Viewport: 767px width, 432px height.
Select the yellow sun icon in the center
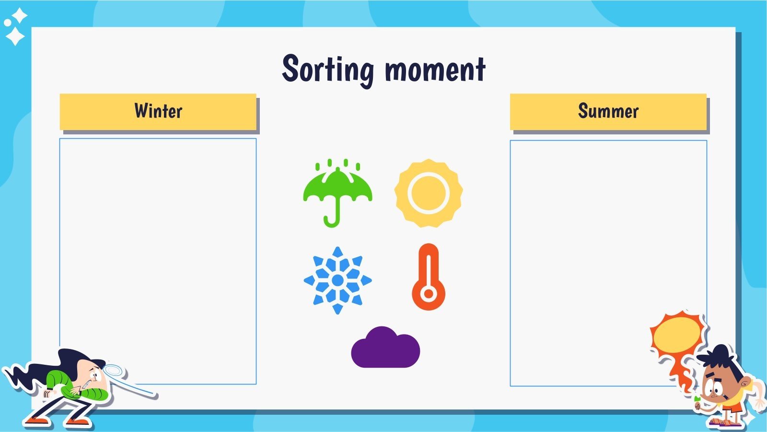pyautogui.click(x=428, y=193)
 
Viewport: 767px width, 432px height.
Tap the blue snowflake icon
pyautogui.click(x=337, y=280)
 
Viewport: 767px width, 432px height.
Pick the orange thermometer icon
pyautogui.click(x=428, y=277)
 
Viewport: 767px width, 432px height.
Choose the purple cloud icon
pyautogui.click(x=385, y=348)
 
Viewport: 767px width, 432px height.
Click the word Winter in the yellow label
pyautogui.click(x=158, y=111)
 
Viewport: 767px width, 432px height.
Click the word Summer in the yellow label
pyautogui.click(x=608, y=111)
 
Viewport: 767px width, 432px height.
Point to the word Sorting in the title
pyautogui.click(x=327, y=70)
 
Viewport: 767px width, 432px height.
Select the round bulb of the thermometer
pyautogui.click(x=429, y=294)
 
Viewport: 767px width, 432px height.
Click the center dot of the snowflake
pyautogui.click(x=337, y=280)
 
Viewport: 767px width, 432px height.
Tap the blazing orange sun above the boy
pyautogui.click(x=677, y=335)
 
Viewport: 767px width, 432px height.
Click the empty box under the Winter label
pyautogui.click(x=158, y=250)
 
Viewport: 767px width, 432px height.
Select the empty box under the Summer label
pyautogui.click(x=608, y=250)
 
